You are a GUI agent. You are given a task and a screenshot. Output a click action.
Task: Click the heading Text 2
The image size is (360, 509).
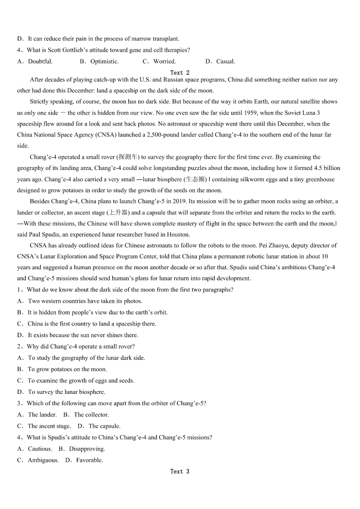click(x=180, y=73)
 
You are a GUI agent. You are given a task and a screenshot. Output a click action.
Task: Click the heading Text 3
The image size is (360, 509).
click(x=180, y=471)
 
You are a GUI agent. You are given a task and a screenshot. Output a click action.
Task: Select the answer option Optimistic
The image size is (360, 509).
click(x=104, y=61)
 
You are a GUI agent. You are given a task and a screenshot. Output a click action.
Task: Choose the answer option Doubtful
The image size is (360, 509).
click(x=40, y=61)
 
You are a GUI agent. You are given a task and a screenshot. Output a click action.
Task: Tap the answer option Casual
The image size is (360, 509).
click(x=225, y=61)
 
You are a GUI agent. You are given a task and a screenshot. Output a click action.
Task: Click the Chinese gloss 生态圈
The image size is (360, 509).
click(x=196, y=179)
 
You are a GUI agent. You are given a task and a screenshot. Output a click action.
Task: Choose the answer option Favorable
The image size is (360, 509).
click(x=89, y=460)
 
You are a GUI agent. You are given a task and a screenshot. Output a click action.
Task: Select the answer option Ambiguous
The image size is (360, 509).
click(x=43, y=460)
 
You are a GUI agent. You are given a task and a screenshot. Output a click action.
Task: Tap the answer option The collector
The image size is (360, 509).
click(x=91, y=414)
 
